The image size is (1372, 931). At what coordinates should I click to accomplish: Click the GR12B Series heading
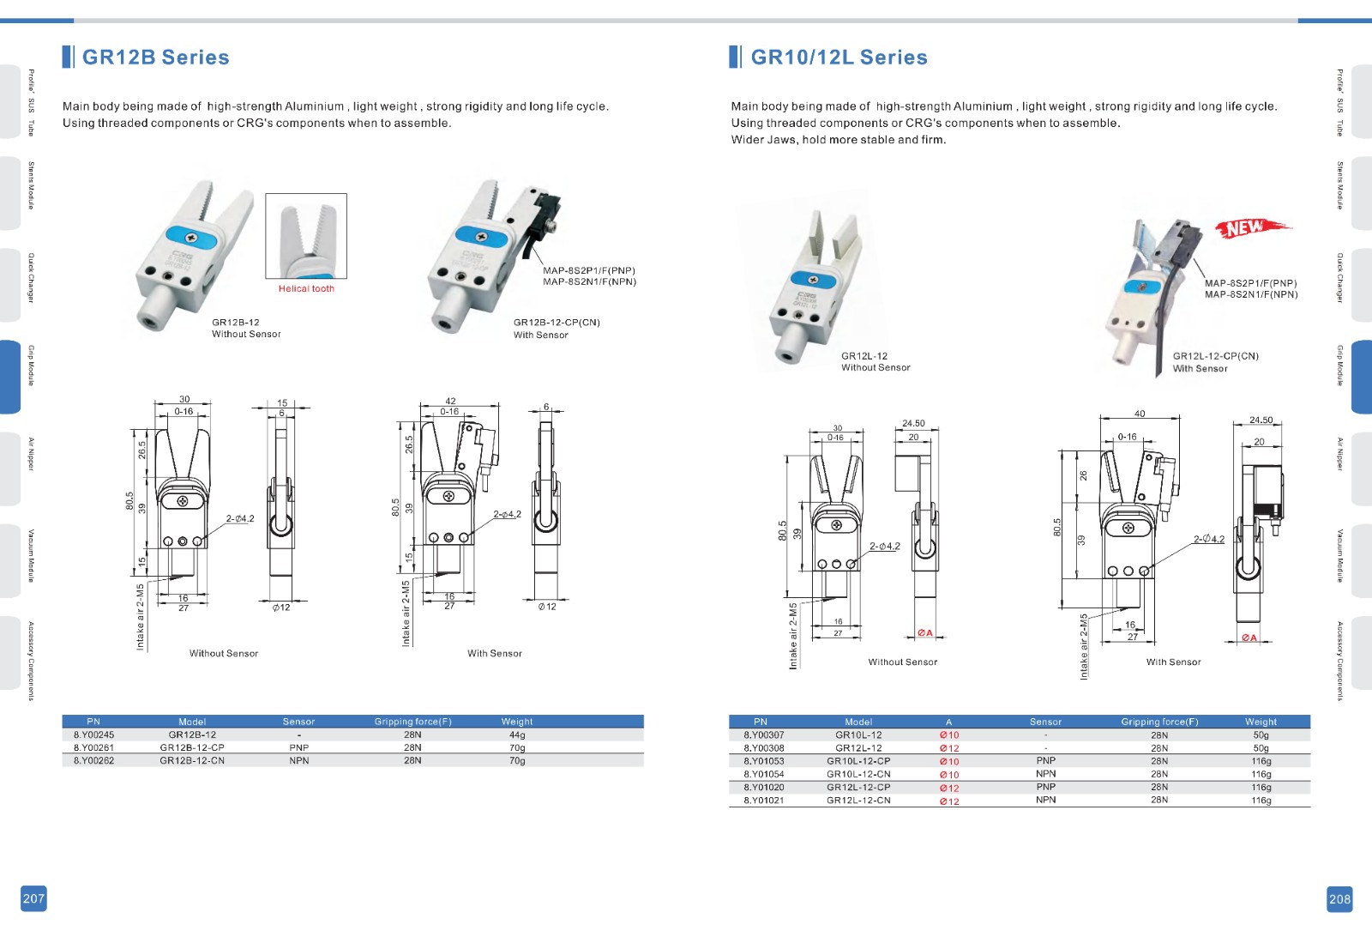pos(155,57)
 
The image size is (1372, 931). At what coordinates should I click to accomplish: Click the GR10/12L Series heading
pos(839,57)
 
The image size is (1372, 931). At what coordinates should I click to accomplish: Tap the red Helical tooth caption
pos(306,288)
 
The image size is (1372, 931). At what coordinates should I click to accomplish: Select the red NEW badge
pos(1248,228)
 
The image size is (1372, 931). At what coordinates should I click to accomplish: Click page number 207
pos(33,898)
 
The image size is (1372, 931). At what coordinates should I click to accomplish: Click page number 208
pos(1339,898)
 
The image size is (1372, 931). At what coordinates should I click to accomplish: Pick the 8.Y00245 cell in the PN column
pos(93,735)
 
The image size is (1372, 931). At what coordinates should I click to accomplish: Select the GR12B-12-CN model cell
pos(192,760)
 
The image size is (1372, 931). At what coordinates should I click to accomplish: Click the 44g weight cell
pos(517,735)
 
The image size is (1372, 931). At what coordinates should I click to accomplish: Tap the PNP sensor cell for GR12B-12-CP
pos(298,747)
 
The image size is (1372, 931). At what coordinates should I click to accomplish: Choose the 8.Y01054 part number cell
pos(763,774)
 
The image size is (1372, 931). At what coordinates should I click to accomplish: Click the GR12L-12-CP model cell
pos(858,787)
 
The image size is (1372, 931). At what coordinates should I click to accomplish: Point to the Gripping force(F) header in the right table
pos(1159,722)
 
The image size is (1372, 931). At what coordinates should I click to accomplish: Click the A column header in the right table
pos(948,722)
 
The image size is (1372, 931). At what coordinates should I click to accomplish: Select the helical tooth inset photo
pos(306,235)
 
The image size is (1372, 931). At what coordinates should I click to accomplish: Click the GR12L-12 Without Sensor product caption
pos(876,361)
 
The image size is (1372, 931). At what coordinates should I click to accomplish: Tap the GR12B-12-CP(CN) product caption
pos(557,323)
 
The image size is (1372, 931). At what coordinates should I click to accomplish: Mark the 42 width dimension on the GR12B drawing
pos(450,401)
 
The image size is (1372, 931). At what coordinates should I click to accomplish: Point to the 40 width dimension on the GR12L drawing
pos(1140,414)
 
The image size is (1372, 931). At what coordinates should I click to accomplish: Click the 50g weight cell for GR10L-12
pos(1261,735)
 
